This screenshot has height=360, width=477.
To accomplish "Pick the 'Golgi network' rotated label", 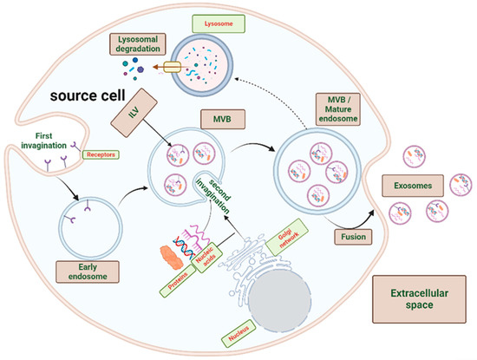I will pos(299,251).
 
